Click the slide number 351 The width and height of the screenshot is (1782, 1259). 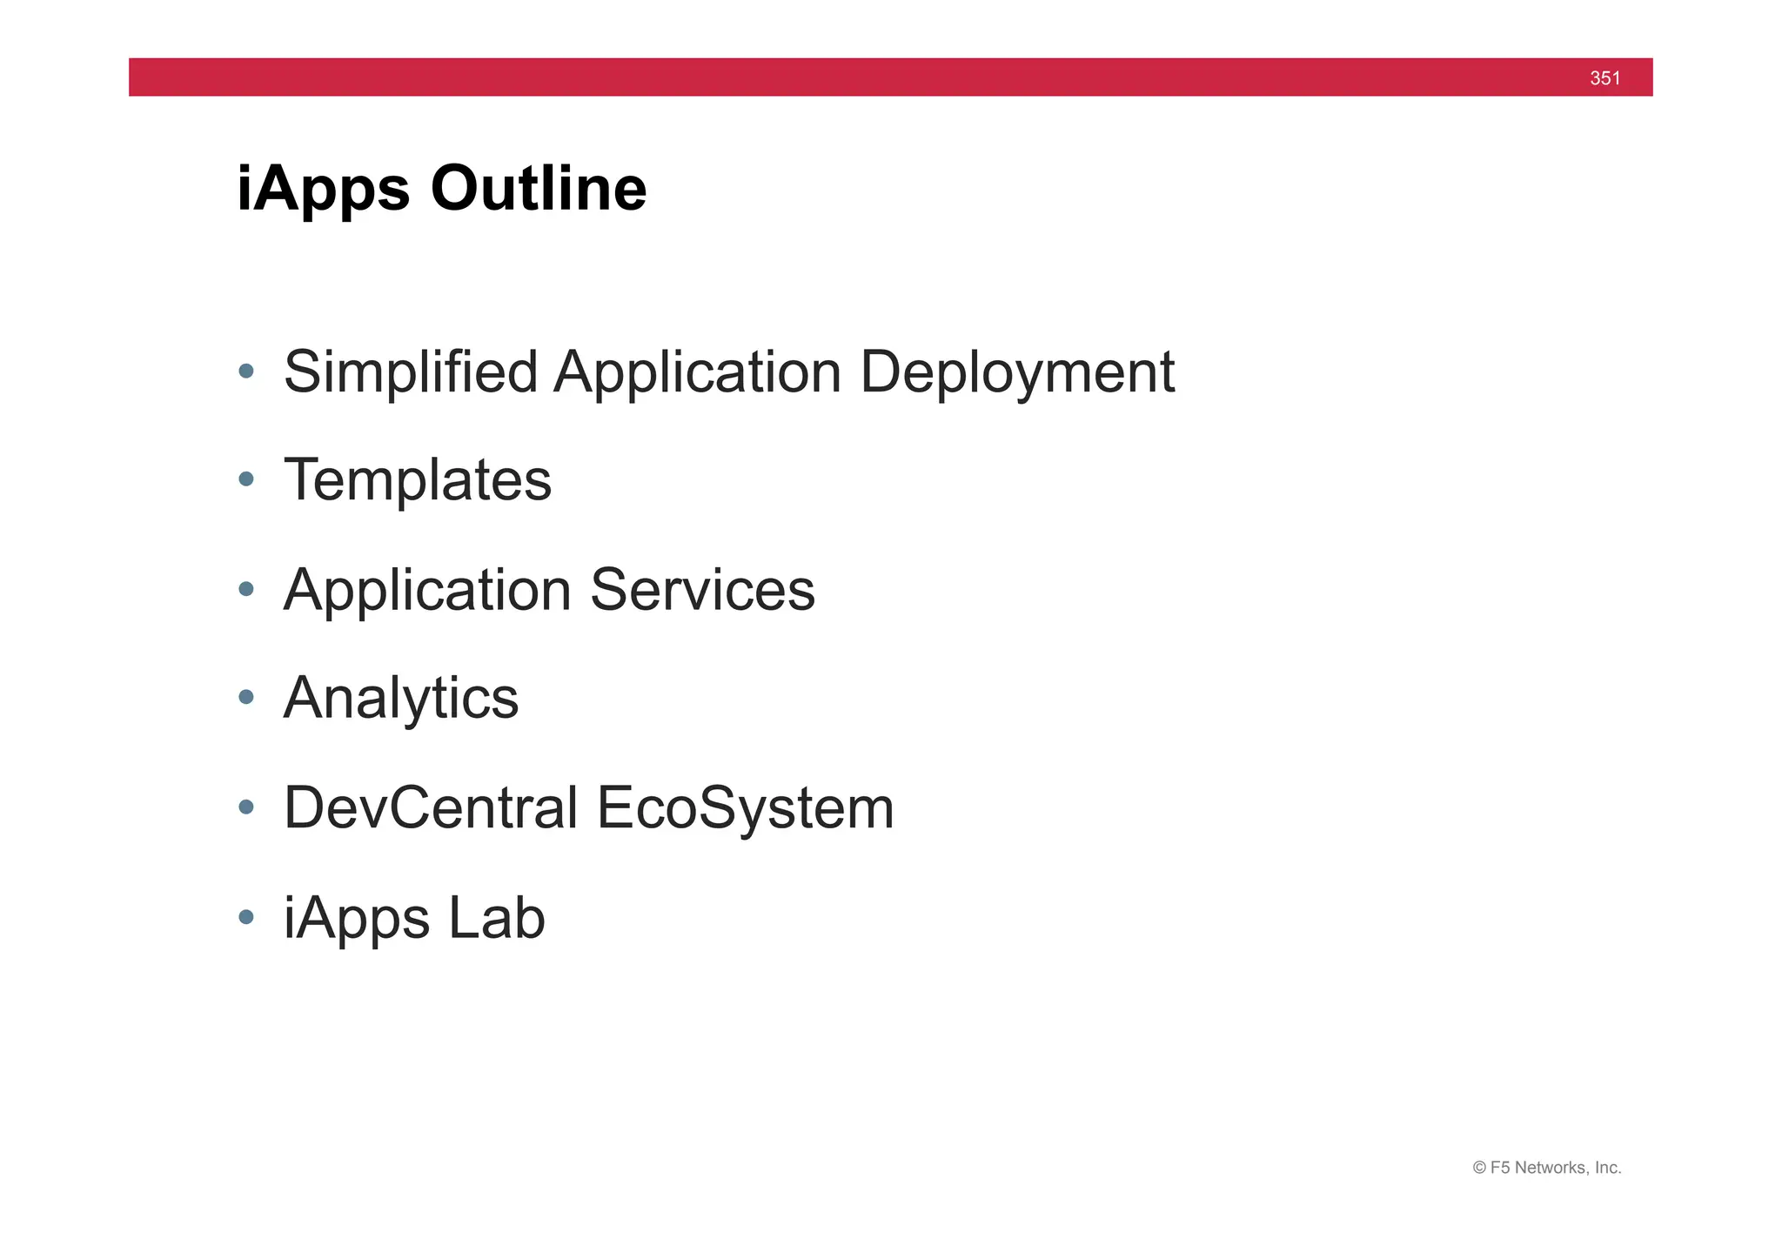coord(1604,78)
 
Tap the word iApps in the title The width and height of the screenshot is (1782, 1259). coord(323,190)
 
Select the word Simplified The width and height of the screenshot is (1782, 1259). coord(411,372)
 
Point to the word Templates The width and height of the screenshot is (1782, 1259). coord(418,480)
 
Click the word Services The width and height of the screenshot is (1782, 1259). coord(702,590)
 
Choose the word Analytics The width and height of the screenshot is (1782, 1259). coord(401,700)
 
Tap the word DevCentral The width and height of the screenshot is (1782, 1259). coord(431,807)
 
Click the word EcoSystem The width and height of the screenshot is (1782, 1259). coord(745,809)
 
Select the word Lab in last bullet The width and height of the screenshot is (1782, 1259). coord(497,917)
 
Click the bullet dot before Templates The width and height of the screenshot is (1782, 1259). coord(246,479)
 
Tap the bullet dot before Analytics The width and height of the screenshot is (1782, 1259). coord(246,697)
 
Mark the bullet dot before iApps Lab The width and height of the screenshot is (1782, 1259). coord(246,916)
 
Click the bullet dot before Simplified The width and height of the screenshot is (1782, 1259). coord(246,371)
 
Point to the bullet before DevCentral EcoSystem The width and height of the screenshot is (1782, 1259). coord(246,807)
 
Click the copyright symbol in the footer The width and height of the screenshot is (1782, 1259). coord(1479,1168)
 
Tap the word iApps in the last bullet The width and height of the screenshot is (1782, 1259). coord(357,919)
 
